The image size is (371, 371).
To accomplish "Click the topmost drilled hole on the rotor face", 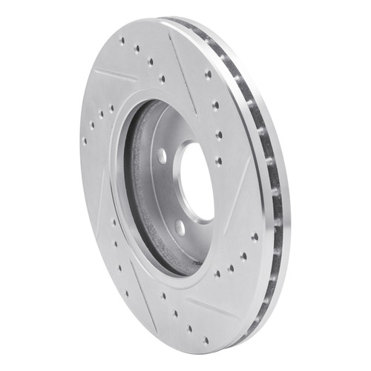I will [x=122, y=39].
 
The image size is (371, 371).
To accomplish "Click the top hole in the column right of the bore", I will [x=207, y=74].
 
